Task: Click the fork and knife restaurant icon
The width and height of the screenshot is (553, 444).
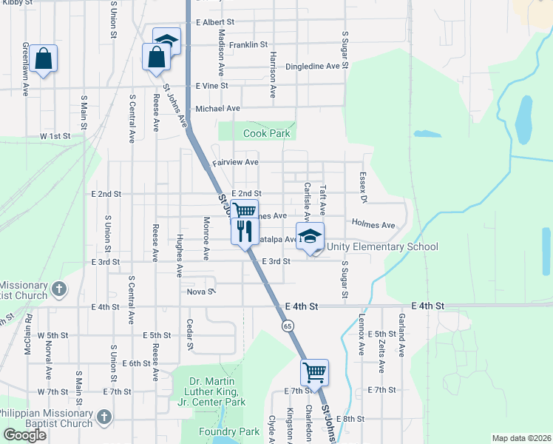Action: coord(243,230)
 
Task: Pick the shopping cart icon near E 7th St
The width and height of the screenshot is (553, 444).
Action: coord(314,373)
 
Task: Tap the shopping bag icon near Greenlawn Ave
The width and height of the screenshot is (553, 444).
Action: coord(44,58)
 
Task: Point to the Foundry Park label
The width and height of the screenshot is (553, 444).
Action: coord(228,431)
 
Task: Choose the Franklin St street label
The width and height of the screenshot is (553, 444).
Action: coord(248,45)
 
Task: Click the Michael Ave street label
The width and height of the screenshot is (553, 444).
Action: coord(217,109)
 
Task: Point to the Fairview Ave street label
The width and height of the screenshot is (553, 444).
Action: coord(235,162)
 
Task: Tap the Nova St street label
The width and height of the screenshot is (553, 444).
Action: coord(200,292)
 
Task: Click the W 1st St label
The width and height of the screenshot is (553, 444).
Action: coord(55,136)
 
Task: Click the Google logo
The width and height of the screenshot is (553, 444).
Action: coord(25,434)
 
